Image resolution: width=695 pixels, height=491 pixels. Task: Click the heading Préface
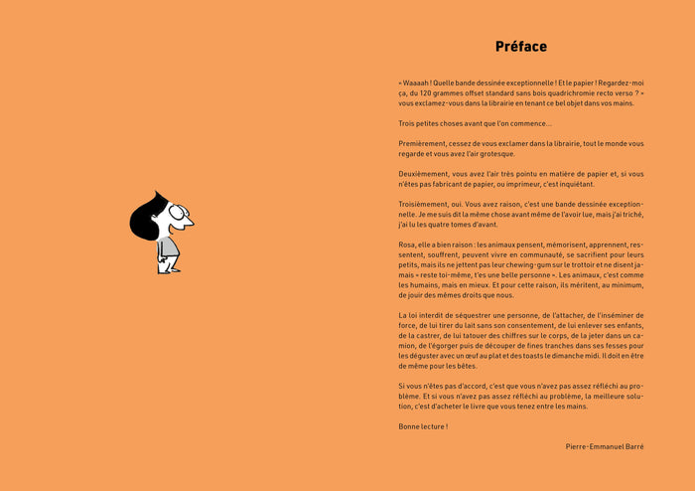(520, 47)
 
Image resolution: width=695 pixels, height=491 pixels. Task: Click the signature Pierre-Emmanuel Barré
(605, 447)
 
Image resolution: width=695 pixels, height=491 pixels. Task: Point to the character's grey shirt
(168, 245)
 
